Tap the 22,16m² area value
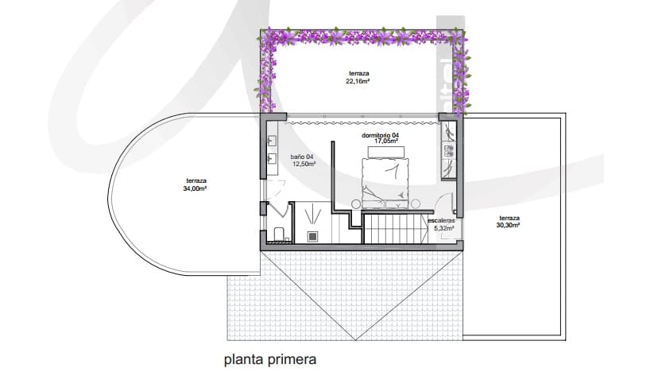tap(359, 81)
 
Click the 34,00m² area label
tap(196, 188)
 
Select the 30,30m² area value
tap(509, 226)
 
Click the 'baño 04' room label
tap(304, 157)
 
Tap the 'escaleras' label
tap(441, 220)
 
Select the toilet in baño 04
tap(277, 233)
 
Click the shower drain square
tap(314, 236)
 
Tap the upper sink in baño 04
tap(273, 141)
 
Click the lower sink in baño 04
tap(273, 159)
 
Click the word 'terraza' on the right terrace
tap(509, 219)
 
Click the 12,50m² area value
tap(304, 165)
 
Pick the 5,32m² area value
tap(443, 228)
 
